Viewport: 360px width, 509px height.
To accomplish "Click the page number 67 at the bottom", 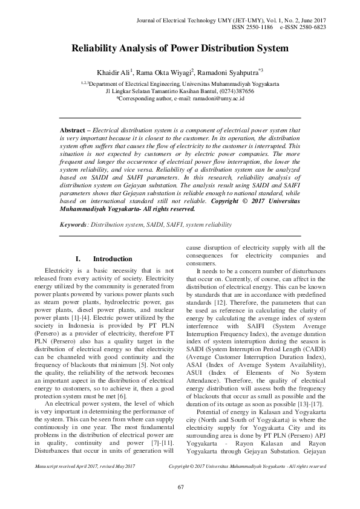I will pos(180,487).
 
